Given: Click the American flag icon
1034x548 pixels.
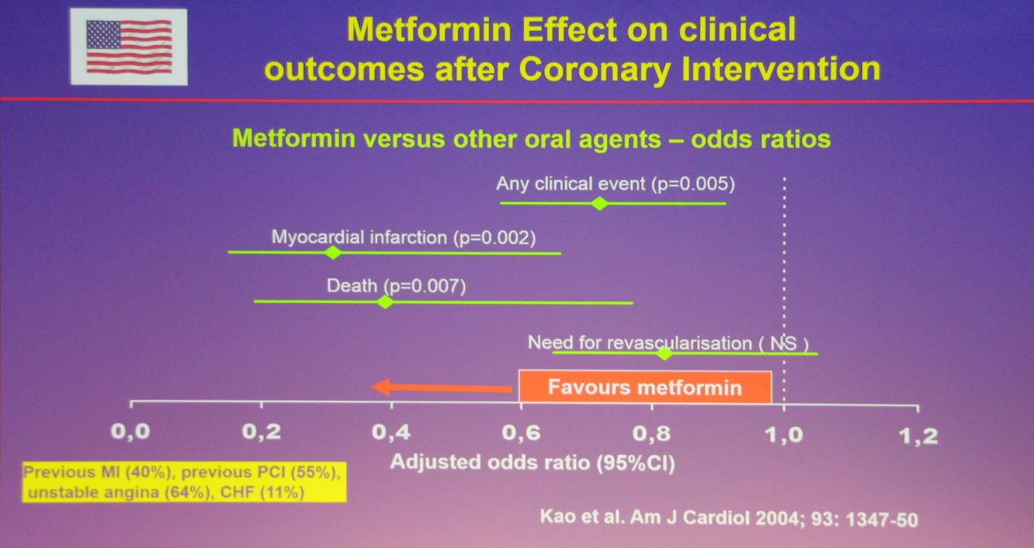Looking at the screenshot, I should (129, 46).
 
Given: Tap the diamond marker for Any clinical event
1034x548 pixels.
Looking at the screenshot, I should (600, 203).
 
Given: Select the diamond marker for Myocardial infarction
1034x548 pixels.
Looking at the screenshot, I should (332, 252).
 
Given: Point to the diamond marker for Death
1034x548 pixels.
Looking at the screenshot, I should (386, 301).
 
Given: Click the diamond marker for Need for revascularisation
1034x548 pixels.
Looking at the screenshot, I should (665, 353).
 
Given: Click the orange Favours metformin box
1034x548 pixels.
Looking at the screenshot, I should (645, 387).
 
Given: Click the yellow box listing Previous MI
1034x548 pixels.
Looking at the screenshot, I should (183, 482).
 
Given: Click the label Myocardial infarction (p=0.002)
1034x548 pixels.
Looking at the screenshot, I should (403, 238).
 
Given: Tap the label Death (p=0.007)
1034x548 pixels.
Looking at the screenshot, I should (396, 286).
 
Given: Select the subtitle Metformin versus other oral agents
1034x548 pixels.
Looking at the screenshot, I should (531, 138).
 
